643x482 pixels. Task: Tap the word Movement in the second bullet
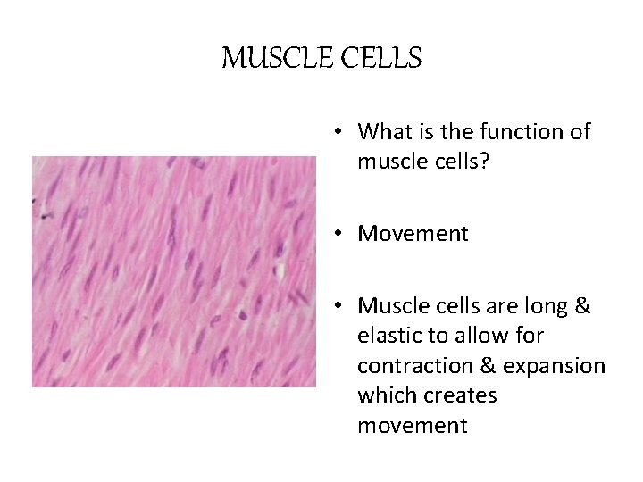413,234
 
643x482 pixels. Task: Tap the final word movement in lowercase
412,426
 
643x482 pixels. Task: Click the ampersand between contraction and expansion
483,366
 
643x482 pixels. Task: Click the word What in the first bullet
383,132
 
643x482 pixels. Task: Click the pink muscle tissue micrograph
174,271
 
